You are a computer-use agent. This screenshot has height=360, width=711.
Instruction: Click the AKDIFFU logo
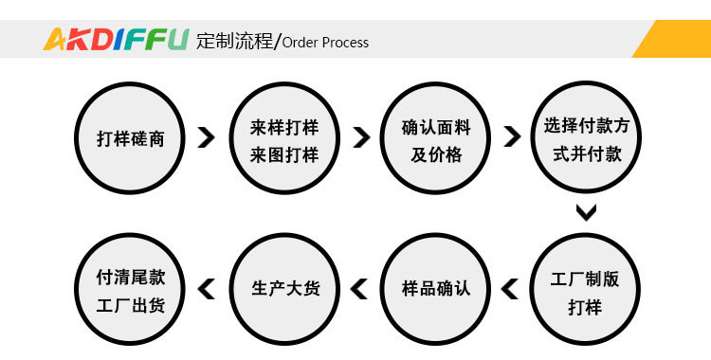click(116, 40)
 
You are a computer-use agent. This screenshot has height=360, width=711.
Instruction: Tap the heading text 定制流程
click(233, 41)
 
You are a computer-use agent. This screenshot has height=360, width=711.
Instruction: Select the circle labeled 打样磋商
click(131, 138)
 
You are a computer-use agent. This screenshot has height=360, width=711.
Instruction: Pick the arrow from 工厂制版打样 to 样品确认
click(509, 288)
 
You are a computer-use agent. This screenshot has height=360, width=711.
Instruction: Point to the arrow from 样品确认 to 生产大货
click(359, 288)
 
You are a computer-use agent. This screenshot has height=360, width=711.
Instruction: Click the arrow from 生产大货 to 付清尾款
click(207, 288)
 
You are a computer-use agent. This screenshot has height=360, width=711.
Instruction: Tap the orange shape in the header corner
click(676, 39)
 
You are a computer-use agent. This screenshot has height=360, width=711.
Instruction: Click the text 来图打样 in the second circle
click(283, 153)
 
